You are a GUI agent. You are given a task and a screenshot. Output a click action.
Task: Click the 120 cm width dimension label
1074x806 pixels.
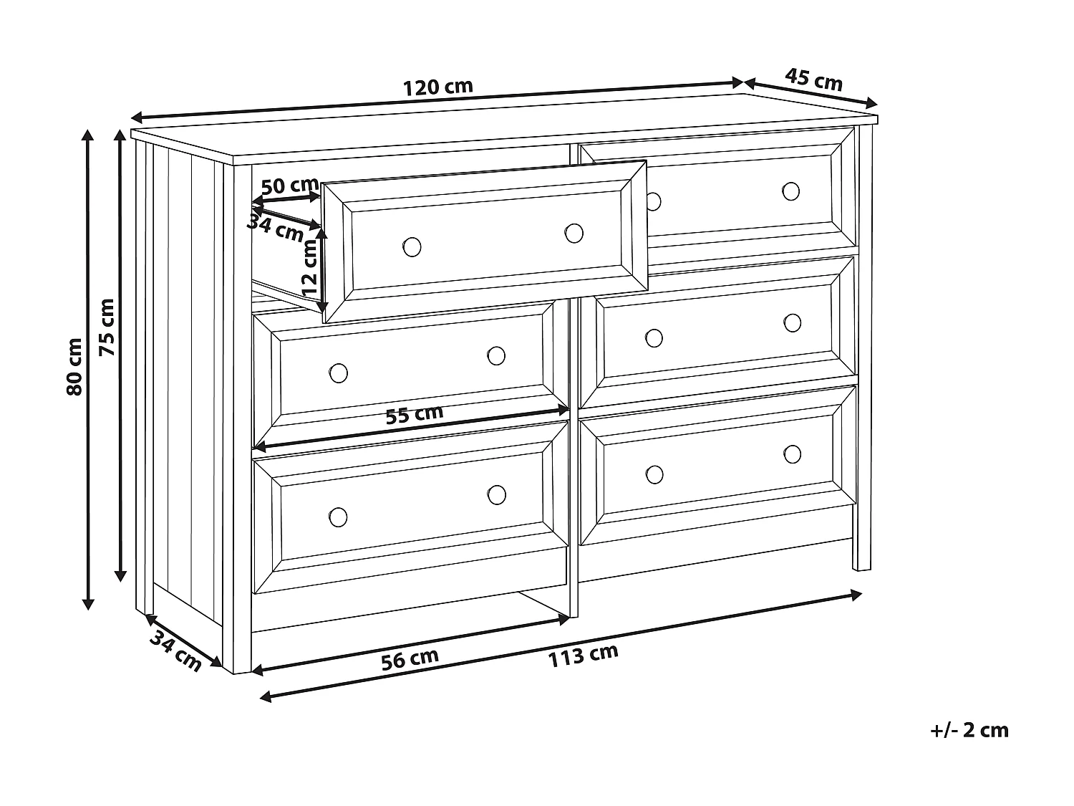coord(437,87)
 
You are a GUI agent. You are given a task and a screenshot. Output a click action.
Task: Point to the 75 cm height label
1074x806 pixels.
coord(107,327)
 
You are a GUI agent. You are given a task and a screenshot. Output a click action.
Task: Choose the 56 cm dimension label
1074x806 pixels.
coord(410,658)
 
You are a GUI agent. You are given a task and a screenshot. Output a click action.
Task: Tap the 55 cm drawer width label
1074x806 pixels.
coord(414,414)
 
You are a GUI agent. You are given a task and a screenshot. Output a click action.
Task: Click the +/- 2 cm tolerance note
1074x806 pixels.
coord(969,730)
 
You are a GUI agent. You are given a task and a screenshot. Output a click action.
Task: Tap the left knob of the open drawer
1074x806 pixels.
coord(412,246)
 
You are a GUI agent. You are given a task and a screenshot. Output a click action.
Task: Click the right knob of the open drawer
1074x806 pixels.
coord(574,233)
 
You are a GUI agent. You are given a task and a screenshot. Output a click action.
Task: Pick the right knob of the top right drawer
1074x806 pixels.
coord(790,191)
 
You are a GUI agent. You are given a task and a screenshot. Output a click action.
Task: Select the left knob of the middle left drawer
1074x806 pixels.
coord(338,373)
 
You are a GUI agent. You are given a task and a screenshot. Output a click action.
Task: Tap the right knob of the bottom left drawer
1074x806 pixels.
coord(496,494)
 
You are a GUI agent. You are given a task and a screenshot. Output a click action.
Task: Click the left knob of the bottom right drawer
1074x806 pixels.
coord(654,474)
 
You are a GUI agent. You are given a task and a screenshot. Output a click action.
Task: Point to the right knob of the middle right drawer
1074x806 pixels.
coord(792,322)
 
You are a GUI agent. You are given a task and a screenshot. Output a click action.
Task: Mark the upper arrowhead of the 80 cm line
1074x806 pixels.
coord(88,136)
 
